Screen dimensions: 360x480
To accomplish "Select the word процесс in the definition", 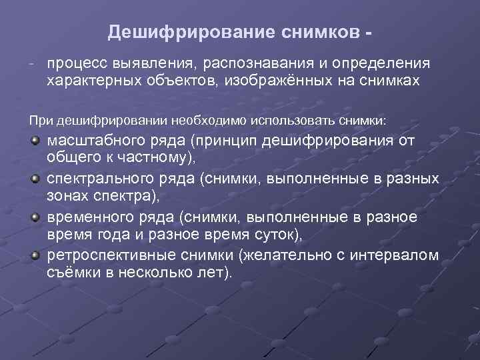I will click(71, 63).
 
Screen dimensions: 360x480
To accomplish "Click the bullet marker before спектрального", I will click(33, 179).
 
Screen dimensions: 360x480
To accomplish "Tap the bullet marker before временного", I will click(33, 217).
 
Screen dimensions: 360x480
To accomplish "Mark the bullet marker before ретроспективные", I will click(33, 255).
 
